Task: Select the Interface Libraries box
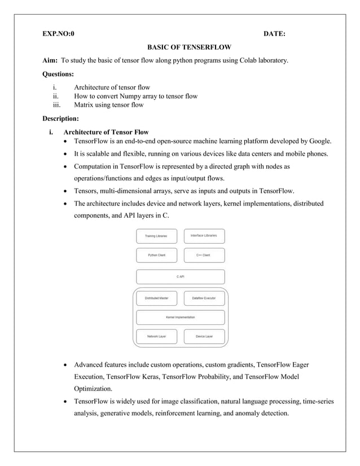204,235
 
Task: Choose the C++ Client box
204,255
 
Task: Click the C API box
180,276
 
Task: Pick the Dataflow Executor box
204,297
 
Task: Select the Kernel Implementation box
180,317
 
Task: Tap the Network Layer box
156,336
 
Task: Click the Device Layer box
204,336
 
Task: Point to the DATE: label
274,34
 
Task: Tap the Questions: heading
59,74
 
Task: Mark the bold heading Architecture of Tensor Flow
106,132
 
